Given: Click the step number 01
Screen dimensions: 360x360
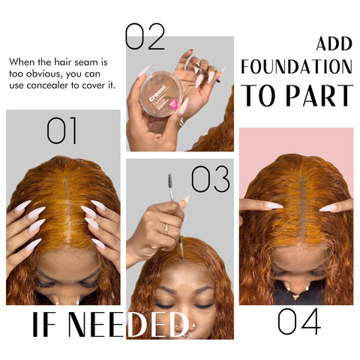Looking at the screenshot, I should [x=62, y=130].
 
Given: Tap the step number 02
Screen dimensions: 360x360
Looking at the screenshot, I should [x=144, y=37].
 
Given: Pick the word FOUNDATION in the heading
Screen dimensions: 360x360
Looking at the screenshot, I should [x=296, y=67].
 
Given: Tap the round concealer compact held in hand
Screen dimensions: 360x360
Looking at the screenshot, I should [x=159, y=93].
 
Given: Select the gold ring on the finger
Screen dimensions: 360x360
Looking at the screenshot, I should [x=166, y=228].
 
